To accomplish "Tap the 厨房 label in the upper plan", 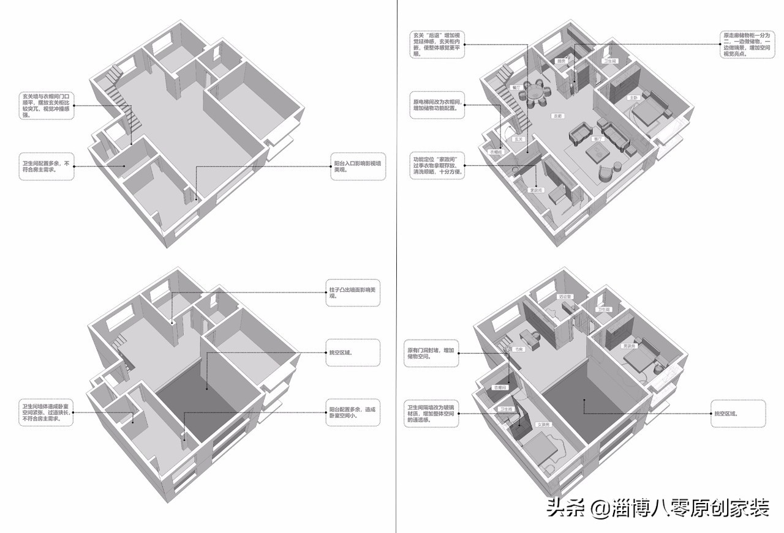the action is click(560, 61).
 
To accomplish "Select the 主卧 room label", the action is click(633, 98).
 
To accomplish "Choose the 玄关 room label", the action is click(518, 140).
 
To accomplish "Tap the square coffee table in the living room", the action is click(597, 153).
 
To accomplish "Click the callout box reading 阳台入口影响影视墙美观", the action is click(358, 166).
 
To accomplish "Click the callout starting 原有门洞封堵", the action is click(431, 353).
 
